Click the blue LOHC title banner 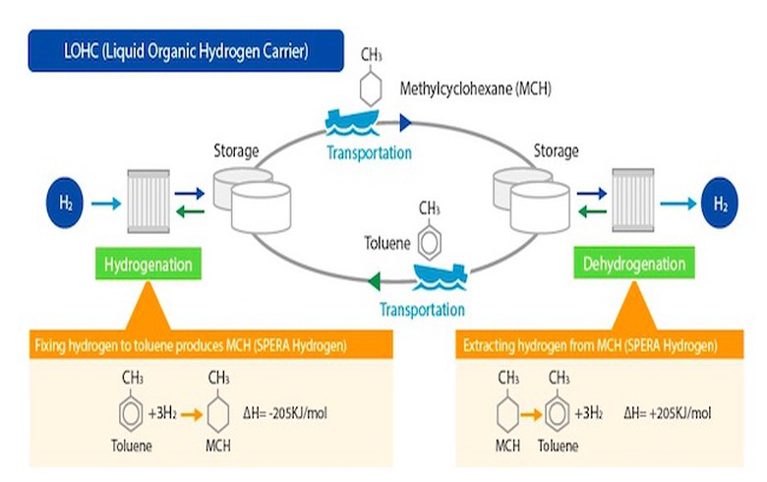pos(186,51)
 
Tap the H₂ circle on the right pos(721,204)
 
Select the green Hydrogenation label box pos(147,265)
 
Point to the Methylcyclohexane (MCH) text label pos(475,90)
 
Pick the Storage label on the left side pos(236,151)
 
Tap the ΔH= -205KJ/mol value pos(285,411)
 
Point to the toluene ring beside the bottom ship pos(429,239)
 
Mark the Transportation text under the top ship pos(370,152)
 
